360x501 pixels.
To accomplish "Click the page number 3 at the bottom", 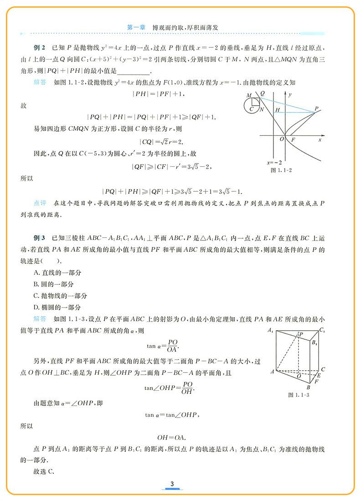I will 172,483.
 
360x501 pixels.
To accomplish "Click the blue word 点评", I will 40,202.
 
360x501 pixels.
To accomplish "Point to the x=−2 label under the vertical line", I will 275,162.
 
